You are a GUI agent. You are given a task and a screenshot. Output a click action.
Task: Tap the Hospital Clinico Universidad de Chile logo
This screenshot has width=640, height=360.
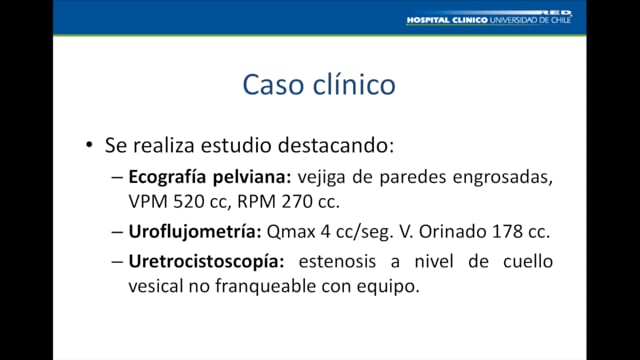[489, 19]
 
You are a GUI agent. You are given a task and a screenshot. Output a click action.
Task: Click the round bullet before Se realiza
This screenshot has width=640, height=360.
[90, 146]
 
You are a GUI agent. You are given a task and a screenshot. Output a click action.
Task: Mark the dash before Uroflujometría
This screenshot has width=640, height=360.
[117, 230]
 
